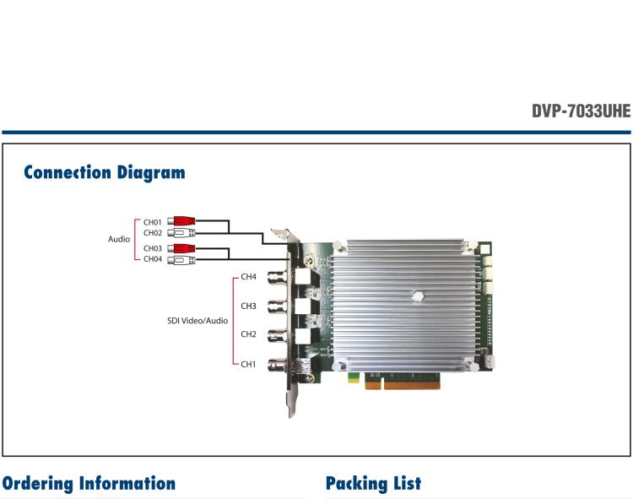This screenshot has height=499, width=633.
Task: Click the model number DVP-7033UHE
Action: point(581,111)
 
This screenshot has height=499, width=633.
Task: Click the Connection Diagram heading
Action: point(104,172)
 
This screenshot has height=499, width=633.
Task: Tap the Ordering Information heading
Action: point(89,484)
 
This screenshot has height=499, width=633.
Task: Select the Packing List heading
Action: point(373,484)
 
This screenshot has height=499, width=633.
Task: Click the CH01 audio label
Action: point(153,222)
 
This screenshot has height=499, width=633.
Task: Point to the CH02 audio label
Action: point(153,233)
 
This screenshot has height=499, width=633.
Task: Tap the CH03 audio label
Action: point(153,248)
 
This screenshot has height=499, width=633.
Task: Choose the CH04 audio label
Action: point(153,259)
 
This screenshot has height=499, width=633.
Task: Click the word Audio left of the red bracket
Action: point(119,239)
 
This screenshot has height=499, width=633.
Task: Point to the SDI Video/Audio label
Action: point(197,321)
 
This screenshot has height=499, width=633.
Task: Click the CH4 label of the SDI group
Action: point(248,277)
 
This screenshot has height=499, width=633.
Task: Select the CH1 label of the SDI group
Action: point(248,365)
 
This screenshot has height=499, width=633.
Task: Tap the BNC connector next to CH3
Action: point(279,306)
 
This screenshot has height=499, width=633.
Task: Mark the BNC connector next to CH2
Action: point(279,335)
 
